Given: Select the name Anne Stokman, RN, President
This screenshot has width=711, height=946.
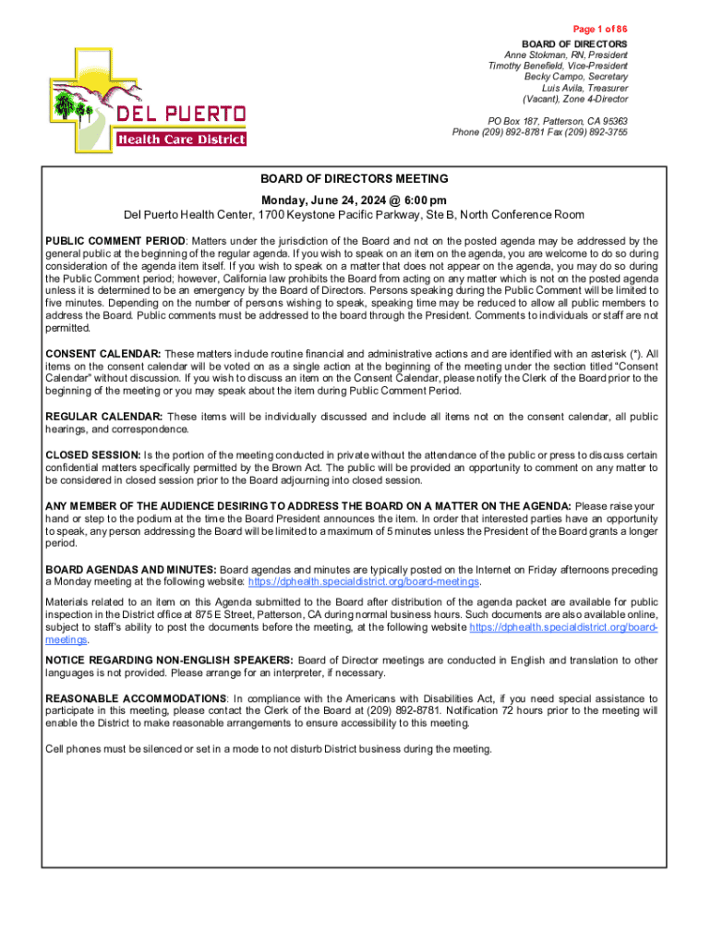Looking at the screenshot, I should pos(565,55).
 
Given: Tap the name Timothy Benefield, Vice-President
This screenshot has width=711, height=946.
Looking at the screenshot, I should pos(558,66).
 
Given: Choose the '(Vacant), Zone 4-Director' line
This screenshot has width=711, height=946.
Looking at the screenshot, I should pos(574,99).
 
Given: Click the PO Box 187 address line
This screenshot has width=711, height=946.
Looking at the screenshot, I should pos(558,121).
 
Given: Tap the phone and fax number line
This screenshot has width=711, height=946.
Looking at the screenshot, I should pos(539,132).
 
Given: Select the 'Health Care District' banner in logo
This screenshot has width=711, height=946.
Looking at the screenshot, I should pos(181,139).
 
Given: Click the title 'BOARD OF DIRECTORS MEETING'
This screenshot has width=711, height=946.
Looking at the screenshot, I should pos(354,179).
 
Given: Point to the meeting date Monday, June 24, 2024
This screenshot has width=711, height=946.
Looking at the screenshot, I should pos(354,200).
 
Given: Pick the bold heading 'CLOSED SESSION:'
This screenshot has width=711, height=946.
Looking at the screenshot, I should pos(93,455).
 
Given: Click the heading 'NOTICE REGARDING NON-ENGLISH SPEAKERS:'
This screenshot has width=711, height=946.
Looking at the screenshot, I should pos(170,660).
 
